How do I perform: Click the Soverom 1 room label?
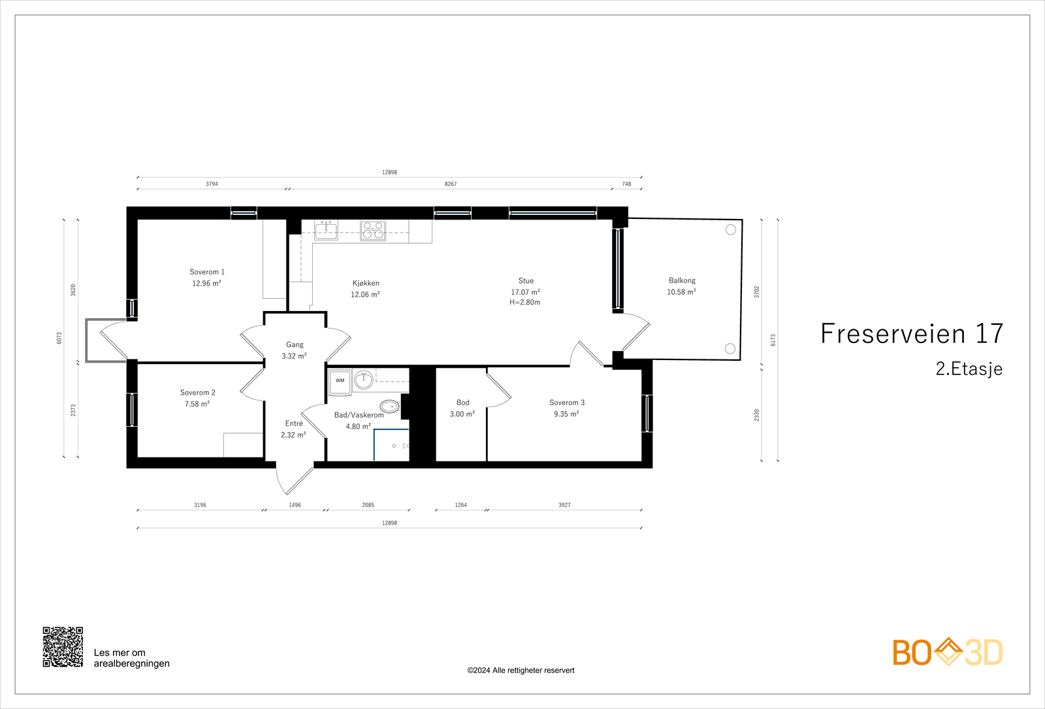[207, 272]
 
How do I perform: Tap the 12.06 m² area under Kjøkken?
[365, 295]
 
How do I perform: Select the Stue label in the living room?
[526, 280]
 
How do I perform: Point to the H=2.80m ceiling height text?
[525, 303]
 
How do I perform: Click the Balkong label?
[682, 280]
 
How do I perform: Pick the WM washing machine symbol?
[340, 381]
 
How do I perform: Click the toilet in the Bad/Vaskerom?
[390, 406]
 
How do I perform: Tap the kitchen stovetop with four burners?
[373, 231]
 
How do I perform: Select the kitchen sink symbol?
[327, 230]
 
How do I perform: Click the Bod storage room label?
[462, 403]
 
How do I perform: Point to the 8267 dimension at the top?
[451, 184]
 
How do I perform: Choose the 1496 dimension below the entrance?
[295, 505]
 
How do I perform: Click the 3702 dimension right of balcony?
[757, 291]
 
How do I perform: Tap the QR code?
[63, 647]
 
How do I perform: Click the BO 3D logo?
[947, 652]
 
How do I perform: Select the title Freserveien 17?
[911, 334]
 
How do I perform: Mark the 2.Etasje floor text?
[969, 369]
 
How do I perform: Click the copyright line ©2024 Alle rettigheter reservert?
[521, 670]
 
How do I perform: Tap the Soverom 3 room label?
[567, 403]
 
